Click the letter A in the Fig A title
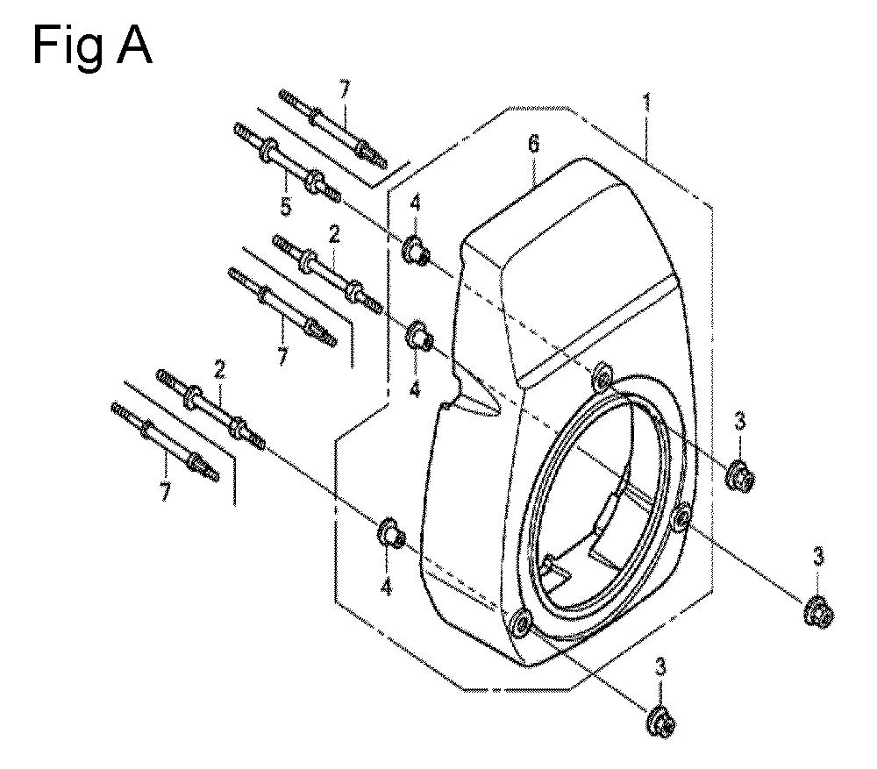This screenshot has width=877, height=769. tap(133, 46)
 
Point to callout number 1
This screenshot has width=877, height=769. tap(647, 103)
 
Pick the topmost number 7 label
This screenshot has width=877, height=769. tap(344, 89)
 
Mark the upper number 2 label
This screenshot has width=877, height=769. tap(334, 234)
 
